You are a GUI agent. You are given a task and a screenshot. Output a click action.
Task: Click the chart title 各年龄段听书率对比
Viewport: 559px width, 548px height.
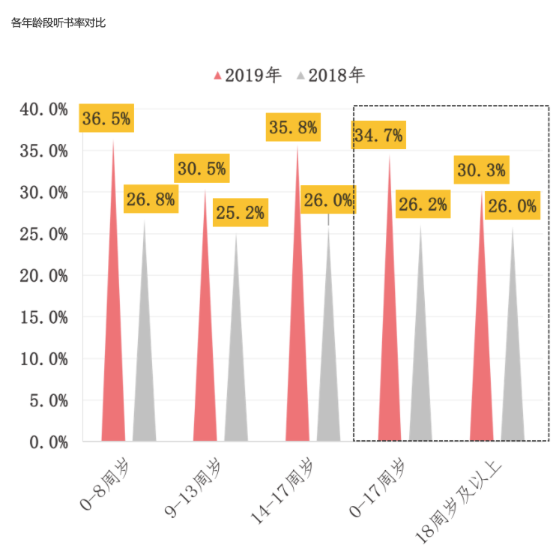click(58, 23)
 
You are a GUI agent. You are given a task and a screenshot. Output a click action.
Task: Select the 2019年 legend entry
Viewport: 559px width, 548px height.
click(248, 75)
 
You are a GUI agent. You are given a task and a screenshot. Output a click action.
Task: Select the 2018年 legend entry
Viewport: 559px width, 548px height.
click(331, 75)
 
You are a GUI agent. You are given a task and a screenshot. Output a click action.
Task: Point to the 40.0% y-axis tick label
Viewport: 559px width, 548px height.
click(44, 109)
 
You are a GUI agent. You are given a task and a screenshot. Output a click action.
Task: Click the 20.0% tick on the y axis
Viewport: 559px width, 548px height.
click(44, 276)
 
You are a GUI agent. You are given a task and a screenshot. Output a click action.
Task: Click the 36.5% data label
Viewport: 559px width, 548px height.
click(106, 118)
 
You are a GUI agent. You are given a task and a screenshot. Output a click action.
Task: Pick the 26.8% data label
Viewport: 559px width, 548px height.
click(151, 199)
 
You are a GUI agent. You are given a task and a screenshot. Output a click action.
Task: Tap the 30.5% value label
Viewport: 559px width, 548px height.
click(202, 169)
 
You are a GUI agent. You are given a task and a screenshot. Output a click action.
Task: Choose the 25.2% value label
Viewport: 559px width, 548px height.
click(240, 213)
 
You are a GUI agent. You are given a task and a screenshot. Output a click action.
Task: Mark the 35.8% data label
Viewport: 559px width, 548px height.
click(293, 127)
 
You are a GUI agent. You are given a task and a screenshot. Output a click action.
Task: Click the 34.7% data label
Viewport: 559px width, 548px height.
click(378, 136)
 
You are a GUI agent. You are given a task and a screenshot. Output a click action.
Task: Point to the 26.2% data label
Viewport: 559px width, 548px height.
click(423, 204)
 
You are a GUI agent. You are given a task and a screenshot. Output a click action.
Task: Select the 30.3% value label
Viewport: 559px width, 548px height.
click(481, 170)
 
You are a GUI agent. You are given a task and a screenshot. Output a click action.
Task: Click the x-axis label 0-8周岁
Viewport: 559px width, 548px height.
click(103, 480)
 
